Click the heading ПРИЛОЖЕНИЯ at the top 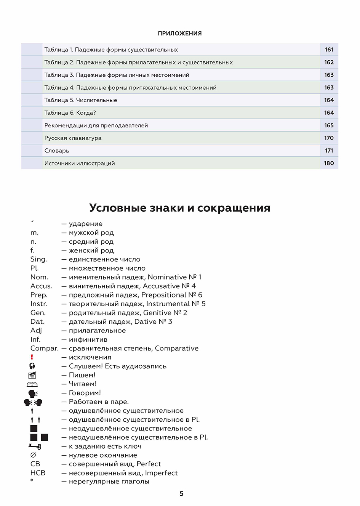click(180, 34)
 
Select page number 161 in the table click(329, 50)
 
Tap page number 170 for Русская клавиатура click(329, 138)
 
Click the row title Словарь click(57, 151)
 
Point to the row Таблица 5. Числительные click(81, 100)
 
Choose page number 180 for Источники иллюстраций click(329, 163)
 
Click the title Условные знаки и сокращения click(180, 208)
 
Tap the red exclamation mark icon click(32, 357)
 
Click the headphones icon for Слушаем click(32, 366)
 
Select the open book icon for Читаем click(32, 384)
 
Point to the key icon click(34, 446)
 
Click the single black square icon click(34, 429)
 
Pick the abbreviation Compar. click(44, 349)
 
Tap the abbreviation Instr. click(39, 304)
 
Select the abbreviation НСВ click(38, 473)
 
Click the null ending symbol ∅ click(33, 455)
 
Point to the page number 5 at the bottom click(181, 494)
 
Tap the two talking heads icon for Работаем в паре click(33, 402)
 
